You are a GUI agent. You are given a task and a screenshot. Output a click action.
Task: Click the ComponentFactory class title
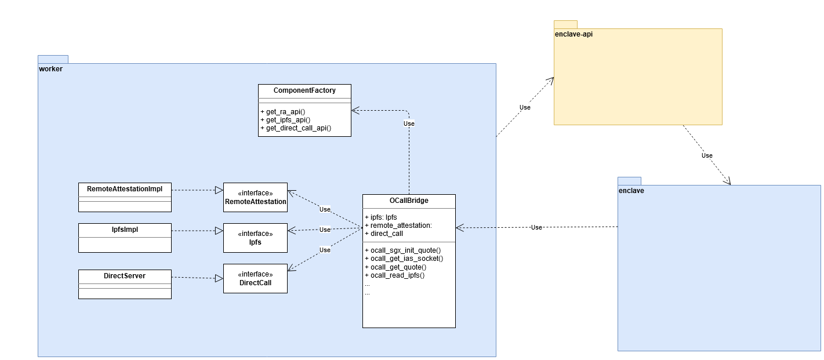coord(304,90)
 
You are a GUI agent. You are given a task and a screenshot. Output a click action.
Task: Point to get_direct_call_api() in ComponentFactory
coord(299,128)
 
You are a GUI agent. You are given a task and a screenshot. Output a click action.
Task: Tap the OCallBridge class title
coord(409,201)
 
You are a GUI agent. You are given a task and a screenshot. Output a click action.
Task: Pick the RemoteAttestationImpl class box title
coord(125,189)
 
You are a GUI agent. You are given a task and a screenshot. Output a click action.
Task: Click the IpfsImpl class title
coord(125,230)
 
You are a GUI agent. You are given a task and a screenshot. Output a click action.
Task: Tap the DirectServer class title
coord(125,276)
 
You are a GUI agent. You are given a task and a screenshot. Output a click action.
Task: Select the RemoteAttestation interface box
coord(255,197)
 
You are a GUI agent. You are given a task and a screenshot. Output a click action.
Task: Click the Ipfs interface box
coord(255,238)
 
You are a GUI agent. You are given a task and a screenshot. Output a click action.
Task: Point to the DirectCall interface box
coord(255,278)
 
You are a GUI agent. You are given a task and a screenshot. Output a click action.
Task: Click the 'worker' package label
coord(50,69)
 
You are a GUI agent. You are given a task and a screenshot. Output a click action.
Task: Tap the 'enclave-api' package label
coord(573,34)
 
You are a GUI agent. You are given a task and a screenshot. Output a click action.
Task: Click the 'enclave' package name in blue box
coord(631,191)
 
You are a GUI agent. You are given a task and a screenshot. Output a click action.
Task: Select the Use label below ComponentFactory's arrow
coord(409,123)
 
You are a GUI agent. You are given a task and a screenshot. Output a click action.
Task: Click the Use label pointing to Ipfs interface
coord(325,230)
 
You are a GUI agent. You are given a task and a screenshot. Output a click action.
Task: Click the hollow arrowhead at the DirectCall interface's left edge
coord(219,278)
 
